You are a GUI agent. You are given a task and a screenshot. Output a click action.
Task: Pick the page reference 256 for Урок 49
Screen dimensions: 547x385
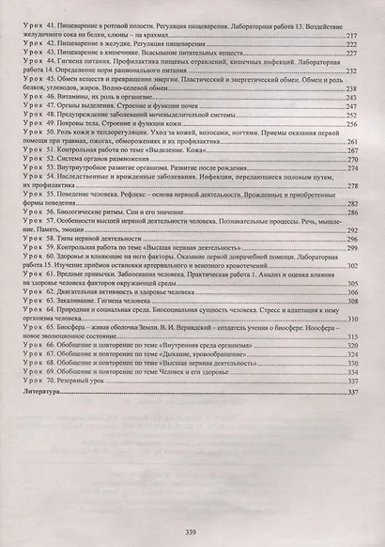tap(353, 121)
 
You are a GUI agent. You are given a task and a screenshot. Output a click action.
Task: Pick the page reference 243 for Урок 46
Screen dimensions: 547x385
tap(353, 95)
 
